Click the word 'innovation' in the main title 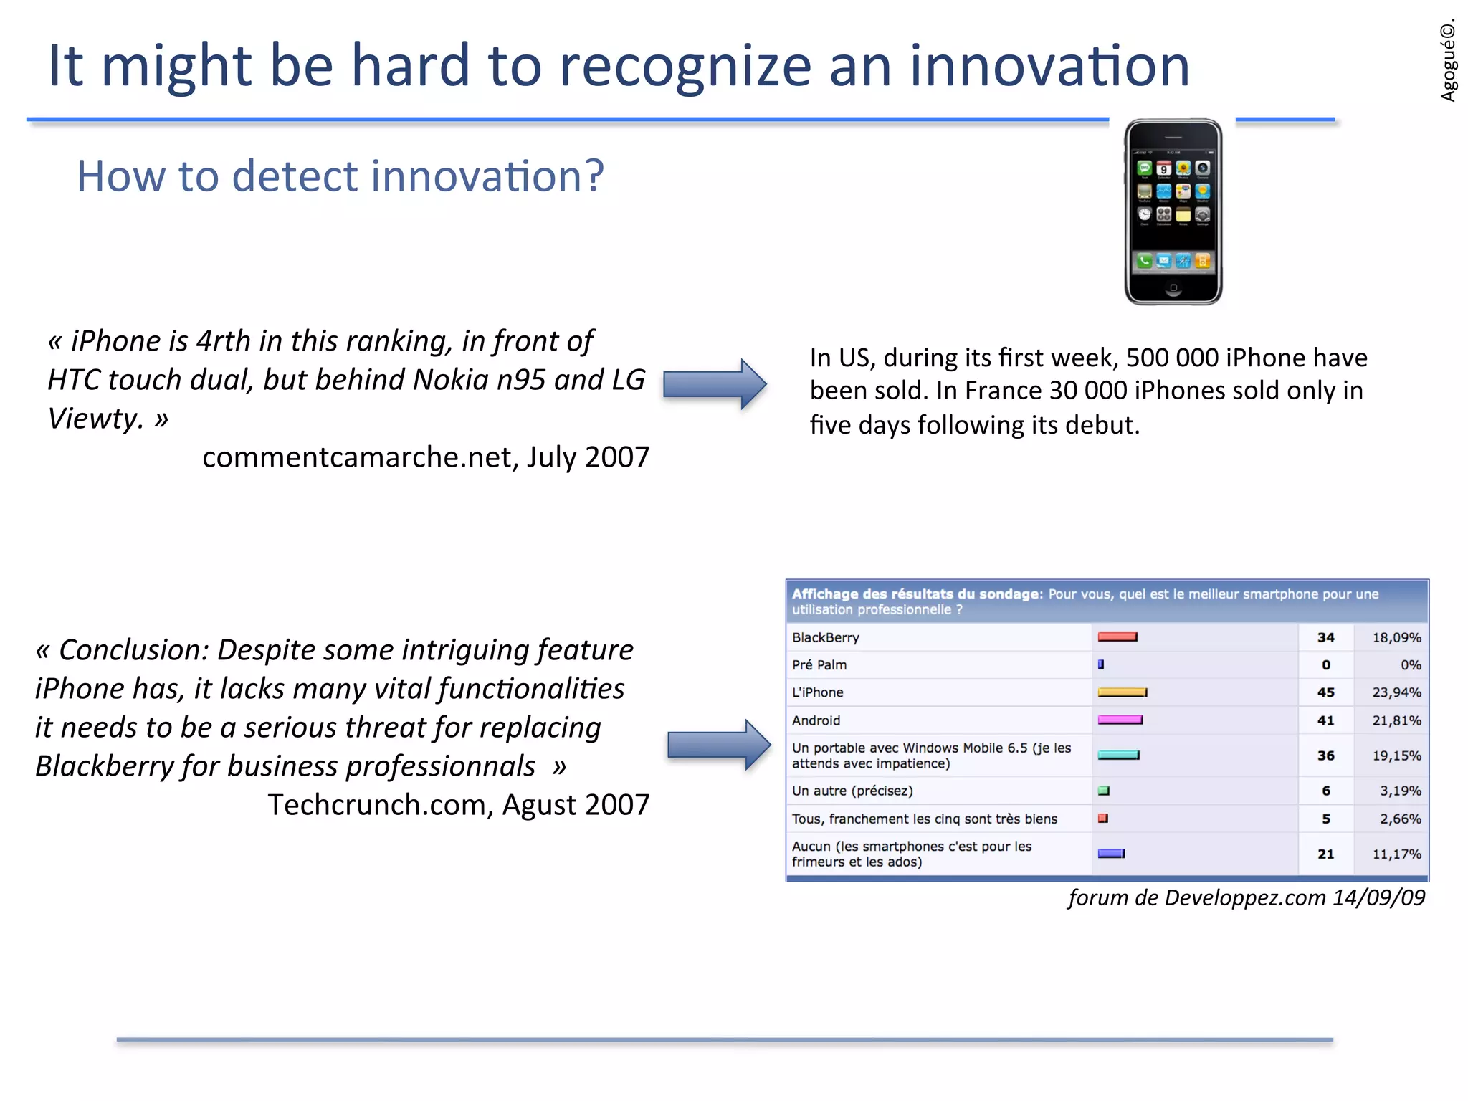point(1049,66)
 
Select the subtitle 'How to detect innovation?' point(340,176)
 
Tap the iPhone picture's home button point(1173,288)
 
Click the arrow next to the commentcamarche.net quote point(715,384)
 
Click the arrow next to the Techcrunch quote point(719,745)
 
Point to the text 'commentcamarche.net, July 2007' point(426,457)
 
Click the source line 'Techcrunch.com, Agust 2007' point(459,805)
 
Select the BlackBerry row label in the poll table point(826,637)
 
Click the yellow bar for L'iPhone point(1123,692)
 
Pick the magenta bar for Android point(1120,720)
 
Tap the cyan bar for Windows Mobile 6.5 point(1118,755)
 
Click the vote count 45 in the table point(1325,692)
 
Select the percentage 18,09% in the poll point(1396,637)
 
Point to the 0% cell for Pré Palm point(1410,665)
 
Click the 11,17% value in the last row point(1396,854)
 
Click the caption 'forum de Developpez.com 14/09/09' point(1246,898)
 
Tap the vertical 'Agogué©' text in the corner point(1448,61)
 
